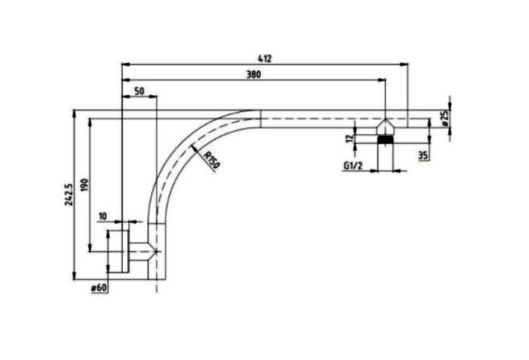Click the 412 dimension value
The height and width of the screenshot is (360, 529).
pyautogui.click(x=264, y=57)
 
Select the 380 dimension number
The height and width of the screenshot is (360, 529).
pyautogui.click(x=254, y=74)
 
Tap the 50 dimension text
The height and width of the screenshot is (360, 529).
pyautogui.click(x=139, y=91)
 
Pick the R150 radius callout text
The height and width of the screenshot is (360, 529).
pyautogui.click(x=212, y=160)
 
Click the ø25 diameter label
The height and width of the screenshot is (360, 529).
pyautogui.click(x=444, y=119)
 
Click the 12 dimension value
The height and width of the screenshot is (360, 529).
pyautogui.click(x=349, y=138)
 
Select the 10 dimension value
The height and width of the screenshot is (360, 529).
pyautogui.click(x=103, y=217)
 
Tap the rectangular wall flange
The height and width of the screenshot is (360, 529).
pyautogui.click(x=118, y=250)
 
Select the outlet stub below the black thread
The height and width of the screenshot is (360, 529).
pyautogui.click(x=385, y=157)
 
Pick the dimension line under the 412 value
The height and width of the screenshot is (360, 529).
pyautogui.click(x=264, y=65)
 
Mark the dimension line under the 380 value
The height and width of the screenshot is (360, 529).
pyautogui.click(x=254, y=81)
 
